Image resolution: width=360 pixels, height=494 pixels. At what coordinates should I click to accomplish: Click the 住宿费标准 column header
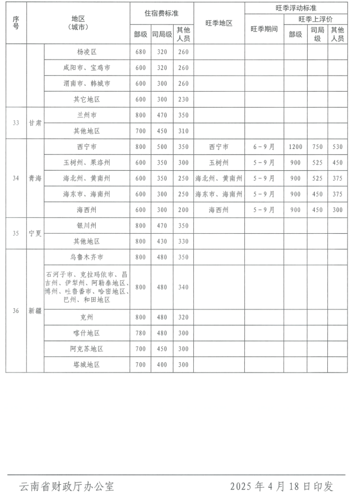pyautogui.click(x=162, y=11)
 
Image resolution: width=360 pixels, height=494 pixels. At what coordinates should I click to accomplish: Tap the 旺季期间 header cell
pyautogui.click(x=264, y=29)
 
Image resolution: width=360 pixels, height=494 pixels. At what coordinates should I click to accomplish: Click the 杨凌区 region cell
pyautogui.click(x=87, y=52)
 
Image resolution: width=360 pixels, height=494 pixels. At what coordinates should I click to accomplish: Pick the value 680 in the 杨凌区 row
pyautogui.click(x=140, y=52)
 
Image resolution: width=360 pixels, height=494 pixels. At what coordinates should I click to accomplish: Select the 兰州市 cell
pyautogui.click(x=87, y=115)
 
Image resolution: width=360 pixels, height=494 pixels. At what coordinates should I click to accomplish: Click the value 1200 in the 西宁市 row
pyautogui.click(x=295, y=147)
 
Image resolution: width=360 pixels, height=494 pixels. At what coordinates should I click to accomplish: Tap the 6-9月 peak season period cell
pyautogui.click(x=264, y=147)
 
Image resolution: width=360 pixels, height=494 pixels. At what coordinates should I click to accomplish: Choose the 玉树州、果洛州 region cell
pyautogui.click(x=87, y=163)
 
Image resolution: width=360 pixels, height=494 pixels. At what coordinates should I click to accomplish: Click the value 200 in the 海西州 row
pyautogui.click(x=183, y=210)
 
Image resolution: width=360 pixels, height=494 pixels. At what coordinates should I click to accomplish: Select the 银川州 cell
pyautogui.click(x=87, y=226)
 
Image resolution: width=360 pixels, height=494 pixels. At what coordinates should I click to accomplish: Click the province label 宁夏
pyautogui.click(x=35, y=233)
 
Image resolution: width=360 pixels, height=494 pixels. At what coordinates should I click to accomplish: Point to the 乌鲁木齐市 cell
pyautogui.click(x=87, y=257)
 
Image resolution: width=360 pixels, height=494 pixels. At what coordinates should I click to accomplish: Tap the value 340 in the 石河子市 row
pyautogui.click(x=183, y=287)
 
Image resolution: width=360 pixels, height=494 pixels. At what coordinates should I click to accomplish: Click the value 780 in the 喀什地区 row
pyautogui.click(x=140, y=333)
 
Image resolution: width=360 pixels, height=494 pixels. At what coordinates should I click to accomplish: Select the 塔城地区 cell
pyautogui.click(x=87, y=364)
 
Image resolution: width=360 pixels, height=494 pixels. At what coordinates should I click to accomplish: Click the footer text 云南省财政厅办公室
pyautogui.click(x=66, y=487)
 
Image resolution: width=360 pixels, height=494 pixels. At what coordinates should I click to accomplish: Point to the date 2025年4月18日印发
pyautogui.click(x=281, y=487)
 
